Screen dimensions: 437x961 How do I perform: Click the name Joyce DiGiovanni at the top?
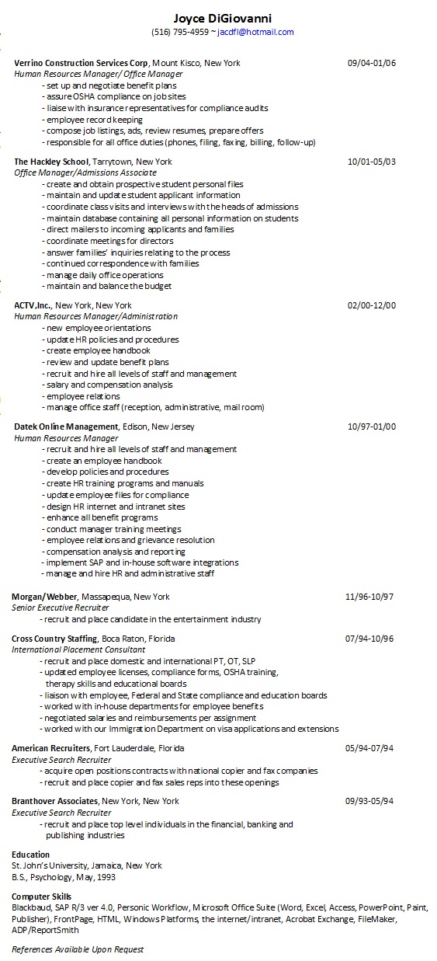(223, 18)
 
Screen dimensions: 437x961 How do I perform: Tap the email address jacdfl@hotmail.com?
(255, 33)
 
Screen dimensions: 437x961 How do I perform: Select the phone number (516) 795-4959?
(180, 33)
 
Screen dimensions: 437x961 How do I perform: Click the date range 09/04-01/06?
(372, 63)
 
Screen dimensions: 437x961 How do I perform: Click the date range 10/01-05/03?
(372, 162)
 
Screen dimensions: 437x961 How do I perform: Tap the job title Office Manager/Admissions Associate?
(85, 172)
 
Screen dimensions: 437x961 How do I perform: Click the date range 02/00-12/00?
(372, 305)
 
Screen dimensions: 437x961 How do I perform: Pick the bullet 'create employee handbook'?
(101, 350)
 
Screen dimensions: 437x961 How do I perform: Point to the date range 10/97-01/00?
(372, 427)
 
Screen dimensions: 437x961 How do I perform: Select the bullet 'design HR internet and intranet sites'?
(116, 506)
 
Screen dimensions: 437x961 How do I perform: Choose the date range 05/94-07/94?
(369, 748)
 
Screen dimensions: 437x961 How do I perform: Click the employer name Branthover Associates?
(54, 801)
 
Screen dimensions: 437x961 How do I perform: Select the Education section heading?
(30, 855)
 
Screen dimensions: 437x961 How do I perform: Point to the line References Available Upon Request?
(78, 949)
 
